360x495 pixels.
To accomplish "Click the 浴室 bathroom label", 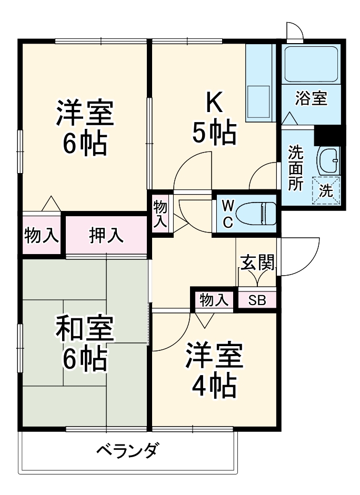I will pos(311,98).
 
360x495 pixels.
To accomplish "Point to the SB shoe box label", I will pos(257,300).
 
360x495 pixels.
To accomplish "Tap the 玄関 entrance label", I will pos(257,262).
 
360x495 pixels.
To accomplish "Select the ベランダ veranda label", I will pos(128,450).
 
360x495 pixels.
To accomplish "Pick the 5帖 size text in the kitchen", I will pos(213,134).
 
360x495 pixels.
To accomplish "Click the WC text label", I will pos(227,214).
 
